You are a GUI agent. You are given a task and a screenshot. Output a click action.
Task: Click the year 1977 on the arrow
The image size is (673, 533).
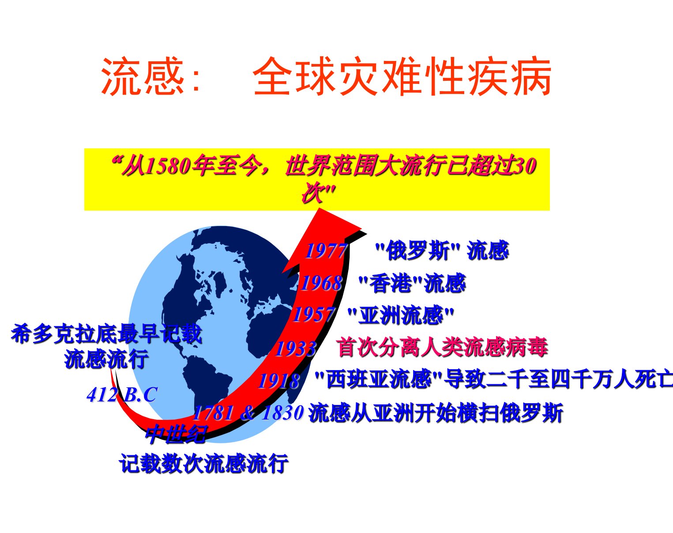coord(326,251)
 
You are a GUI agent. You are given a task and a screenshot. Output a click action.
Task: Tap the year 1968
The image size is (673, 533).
coord(321,283)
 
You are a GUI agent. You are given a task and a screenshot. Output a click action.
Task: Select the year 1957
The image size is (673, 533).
coord(314,314)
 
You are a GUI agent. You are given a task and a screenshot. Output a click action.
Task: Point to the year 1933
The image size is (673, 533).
coord(296,348)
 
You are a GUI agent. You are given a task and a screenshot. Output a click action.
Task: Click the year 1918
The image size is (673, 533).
coord(279,381)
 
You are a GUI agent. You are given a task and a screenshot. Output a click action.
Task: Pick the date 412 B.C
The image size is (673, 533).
coord(122,395)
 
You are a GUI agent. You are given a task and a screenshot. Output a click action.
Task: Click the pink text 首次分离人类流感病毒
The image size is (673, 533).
coord(442,347)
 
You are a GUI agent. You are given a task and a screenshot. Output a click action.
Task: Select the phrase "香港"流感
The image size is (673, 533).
coord(412,283)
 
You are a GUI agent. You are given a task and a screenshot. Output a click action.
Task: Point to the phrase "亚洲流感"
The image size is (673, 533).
coord(401,315)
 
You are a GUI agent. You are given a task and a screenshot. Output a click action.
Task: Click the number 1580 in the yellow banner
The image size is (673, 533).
coord(169,166)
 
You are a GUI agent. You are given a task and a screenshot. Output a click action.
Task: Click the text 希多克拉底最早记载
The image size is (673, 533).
coord(106,334)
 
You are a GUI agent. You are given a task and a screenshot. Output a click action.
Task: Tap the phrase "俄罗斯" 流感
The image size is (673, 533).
coord(442,250)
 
